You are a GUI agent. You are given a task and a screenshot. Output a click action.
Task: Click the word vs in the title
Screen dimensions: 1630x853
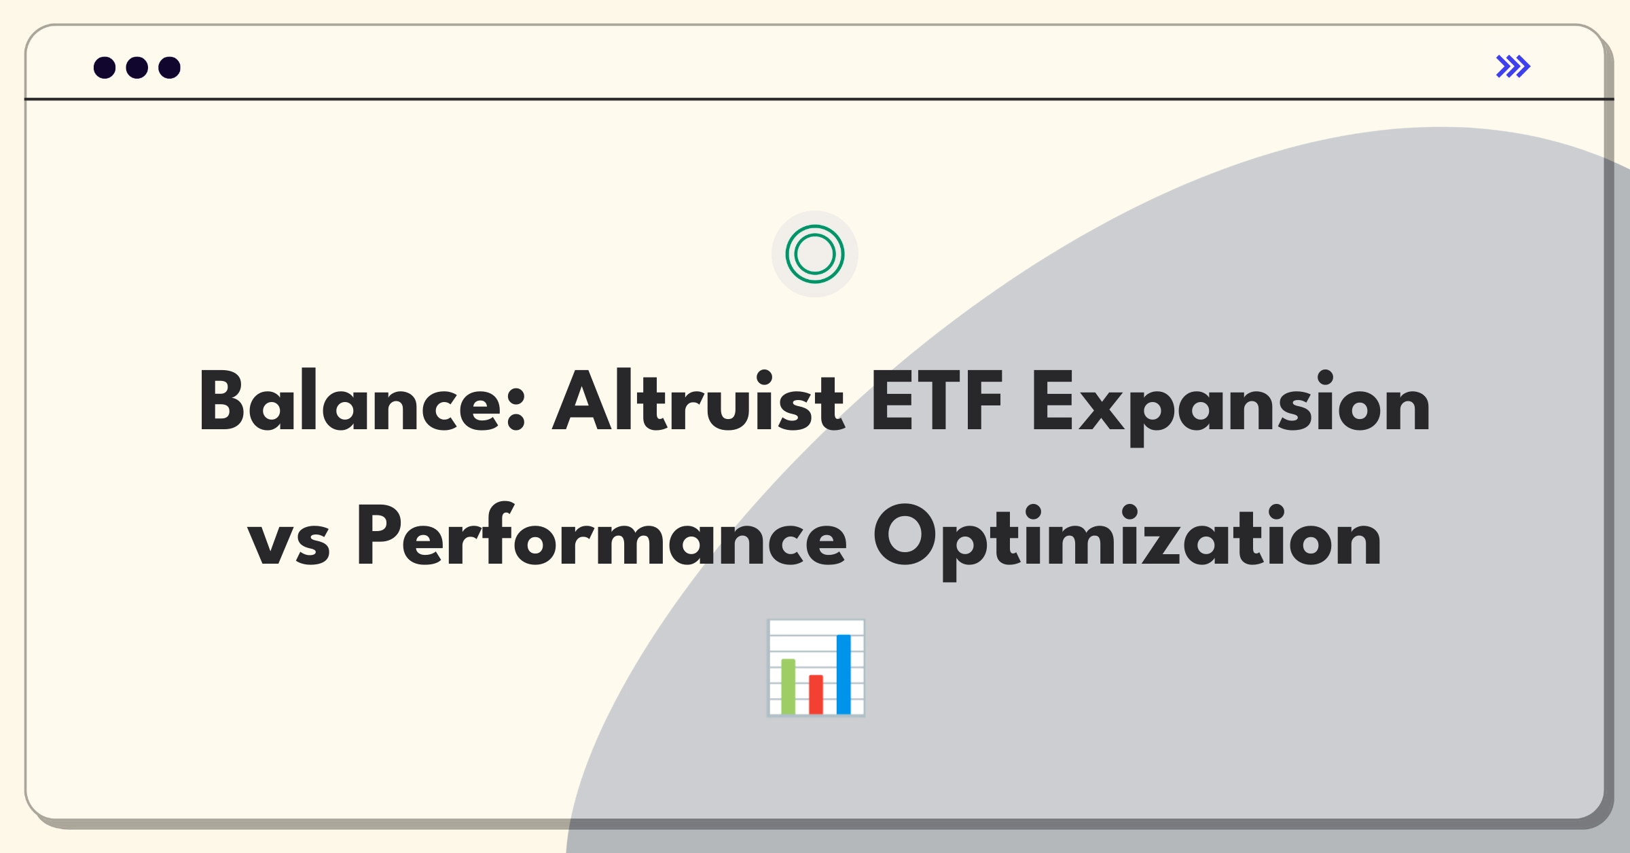pyautogui.click(x=289, y=544)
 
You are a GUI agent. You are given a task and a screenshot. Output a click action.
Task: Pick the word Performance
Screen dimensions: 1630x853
pyautogui.click(x=602, y=535)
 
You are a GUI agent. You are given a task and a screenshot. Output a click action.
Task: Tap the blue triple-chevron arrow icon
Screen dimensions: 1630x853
pyautogui.click(x=1513, y=67)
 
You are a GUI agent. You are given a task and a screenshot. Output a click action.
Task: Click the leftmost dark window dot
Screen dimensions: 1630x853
pyautogui.click(x=105, y=68)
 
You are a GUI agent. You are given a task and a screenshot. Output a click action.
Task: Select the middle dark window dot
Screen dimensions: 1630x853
pyautogui.click(x=137, y=68)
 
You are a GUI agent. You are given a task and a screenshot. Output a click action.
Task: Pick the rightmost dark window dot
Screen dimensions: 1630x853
pyautogui.click(x=170, y=68)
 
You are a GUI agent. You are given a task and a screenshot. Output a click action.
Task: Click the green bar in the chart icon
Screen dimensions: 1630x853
pyautogui.click(x=788, y=687)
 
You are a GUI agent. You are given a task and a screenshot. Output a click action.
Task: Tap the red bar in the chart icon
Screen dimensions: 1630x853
pyautogui.click(x=816, y=695)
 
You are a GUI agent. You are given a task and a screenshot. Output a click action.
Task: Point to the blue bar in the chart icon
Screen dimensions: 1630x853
pyautogui.click(x=844, y=674)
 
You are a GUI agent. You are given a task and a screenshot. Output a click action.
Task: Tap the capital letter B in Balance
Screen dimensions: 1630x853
pyautogui.click(x=221, y=401)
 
